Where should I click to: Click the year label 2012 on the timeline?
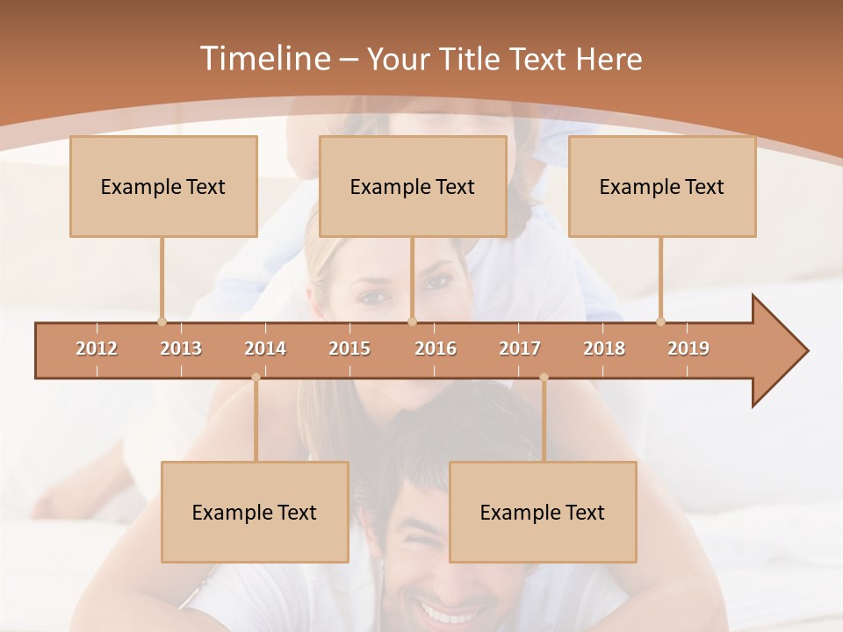click(97, 348)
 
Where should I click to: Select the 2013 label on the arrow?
click(181, 348)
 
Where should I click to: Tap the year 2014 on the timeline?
click(265, 348)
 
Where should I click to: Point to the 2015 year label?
click(349, 348)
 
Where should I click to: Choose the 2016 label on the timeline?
click(436, 348)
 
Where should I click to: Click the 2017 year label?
click(520, 348)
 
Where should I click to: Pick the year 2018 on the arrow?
click(604, 348)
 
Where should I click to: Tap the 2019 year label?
click(688, 348)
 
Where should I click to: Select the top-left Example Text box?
click(163, 186)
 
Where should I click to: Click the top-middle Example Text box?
click(413, 186)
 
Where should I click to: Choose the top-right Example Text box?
click(662, 186)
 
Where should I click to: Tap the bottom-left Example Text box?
click(255, 512)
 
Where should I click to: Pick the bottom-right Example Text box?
click(543, 512)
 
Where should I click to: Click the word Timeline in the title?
click(263, 59)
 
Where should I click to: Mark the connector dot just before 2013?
click(162, 321)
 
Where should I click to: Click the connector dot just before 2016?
click(412, 321)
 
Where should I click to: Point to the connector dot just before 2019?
click(660, 321)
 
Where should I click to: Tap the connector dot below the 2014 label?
click(256, 377)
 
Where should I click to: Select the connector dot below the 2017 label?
click(544, 377)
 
